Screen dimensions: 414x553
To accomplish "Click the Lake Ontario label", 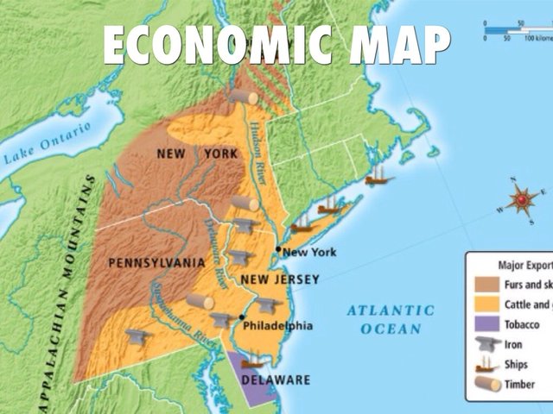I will point(47,147).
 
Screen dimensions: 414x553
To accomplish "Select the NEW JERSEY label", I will point(280,279).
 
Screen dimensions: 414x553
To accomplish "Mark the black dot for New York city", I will point(278,249).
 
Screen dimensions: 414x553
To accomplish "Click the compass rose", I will point(522,202).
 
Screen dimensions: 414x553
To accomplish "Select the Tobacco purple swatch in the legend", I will point(484,323).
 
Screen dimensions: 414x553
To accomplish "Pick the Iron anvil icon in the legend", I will point(484,343).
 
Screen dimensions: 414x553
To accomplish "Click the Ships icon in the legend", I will point(484,363).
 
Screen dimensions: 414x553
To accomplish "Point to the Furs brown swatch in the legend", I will point(484,284).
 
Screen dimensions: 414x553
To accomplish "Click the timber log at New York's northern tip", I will point(243,97).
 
